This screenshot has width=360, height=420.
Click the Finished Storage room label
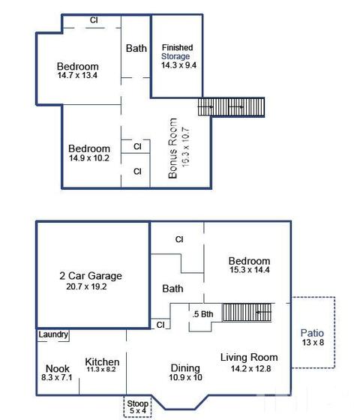177,52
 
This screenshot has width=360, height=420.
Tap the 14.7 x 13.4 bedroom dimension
77,75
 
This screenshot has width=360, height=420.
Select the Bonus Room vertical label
172,148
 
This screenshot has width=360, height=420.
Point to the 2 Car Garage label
91,276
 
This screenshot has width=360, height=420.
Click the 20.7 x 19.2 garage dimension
86,286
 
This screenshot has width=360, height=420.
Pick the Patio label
312,333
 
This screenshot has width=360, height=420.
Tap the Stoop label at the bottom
138,403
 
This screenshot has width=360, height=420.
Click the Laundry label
53,334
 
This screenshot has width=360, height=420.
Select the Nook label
58,368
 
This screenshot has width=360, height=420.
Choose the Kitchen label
102,361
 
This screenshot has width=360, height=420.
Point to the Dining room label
185,368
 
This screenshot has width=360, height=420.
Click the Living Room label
249,357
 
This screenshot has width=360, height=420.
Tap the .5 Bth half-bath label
202,314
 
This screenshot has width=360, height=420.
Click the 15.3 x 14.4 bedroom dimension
249,270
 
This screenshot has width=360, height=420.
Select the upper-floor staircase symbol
231,106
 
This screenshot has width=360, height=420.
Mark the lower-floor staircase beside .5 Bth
247,312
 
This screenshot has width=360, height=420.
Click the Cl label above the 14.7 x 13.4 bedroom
94,20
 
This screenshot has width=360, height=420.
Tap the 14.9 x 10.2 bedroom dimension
89,158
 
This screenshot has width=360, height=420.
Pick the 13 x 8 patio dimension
313,342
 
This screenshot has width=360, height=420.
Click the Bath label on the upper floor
136,48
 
